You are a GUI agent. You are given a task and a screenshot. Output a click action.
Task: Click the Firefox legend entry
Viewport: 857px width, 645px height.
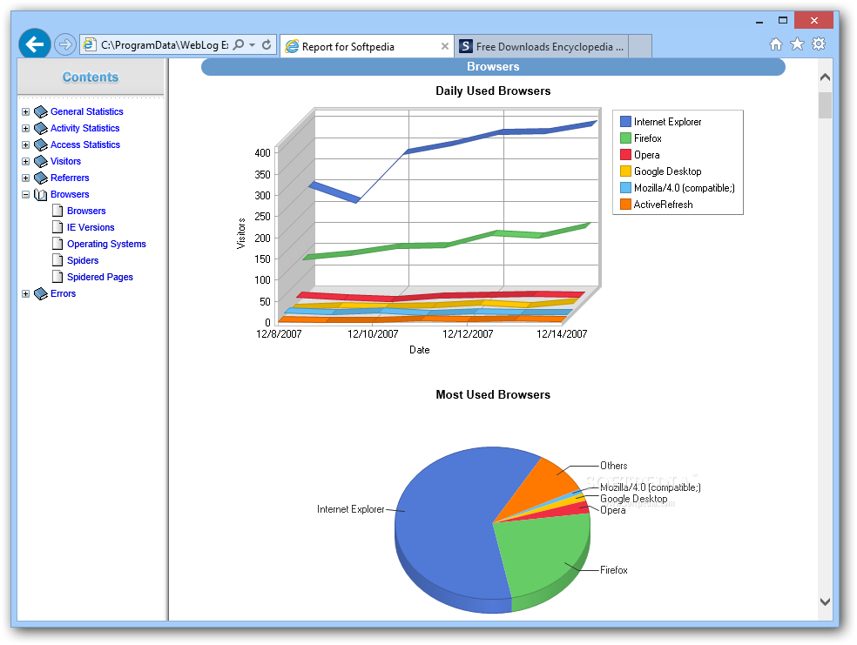647,138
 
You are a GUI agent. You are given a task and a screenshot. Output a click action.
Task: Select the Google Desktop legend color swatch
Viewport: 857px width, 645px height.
625,171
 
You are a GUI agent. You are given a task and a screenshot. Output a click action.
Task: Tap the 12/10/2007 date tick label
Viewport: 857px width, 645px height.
373,333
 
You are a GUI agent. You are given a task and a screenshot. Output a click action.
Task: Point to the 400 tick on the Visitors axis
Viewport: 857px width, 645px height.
262,152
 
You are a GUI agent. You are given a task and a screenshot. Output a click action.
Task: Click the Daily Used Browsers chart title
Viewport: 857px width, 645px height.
493,91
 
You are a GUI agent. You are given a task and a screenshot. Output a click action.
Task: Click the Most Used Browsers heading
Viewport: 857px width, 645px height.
493,394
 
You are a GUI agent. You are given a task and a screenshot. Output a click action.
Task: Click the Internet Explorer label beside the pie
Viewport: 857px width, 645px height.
350,509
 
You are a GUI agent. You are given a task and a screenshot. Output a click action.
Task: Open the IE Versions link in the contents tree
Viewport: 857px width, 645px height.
91,227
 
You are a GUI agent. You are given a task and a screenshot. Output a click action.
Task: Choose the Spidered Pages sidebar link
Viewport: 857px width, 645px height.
99,277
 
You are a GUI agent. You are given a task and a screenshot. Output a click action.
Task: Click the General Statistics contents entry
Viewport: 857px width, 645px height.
86,111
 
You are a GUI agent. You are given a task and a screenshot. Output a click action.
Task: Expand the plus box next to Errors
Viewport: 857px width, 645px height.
25,294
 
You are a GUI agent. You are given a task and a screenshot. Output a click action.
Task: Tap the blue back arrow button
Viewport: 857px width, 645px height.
35,44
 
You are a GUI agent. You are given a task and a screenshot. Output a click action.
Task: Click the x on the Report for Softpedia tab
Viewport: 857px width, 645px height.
445,46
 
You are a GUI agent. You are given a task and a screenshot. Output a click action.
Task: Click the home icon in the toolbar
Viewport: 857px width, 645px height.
776,44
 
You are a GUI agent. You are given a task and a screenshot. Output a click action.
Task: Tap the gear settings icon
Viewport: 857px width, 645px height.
819,44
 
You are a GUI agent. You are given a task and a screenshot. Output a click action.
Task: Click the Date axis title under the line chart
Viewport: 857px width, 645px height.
419,350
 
